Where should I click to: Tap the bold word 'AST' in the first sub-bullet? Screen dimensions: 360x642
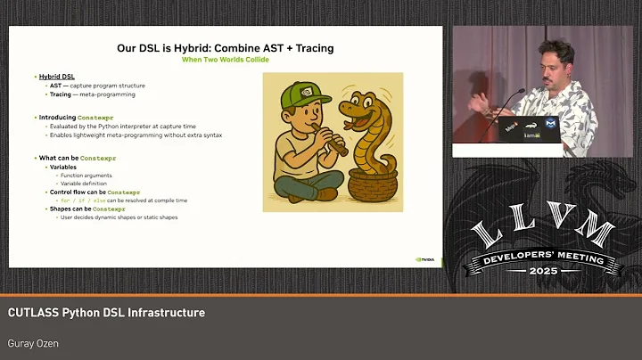pyautogui.click(x=54, y=86)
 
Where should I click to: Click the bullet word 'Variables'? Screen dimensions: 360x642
pyautogui.click(x=63, y=167)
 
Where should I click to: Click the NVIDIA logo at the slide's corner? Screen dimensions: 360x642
pyautogui.click(x=426, y=259)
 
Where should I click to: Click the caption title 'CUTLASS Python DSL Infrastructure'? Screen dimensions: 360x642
pyautogui.click(x=107, y=313)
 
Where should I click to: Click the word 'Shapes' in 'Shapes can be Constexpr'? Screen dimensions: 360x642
pyautogui.click(x=62, y=209)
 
